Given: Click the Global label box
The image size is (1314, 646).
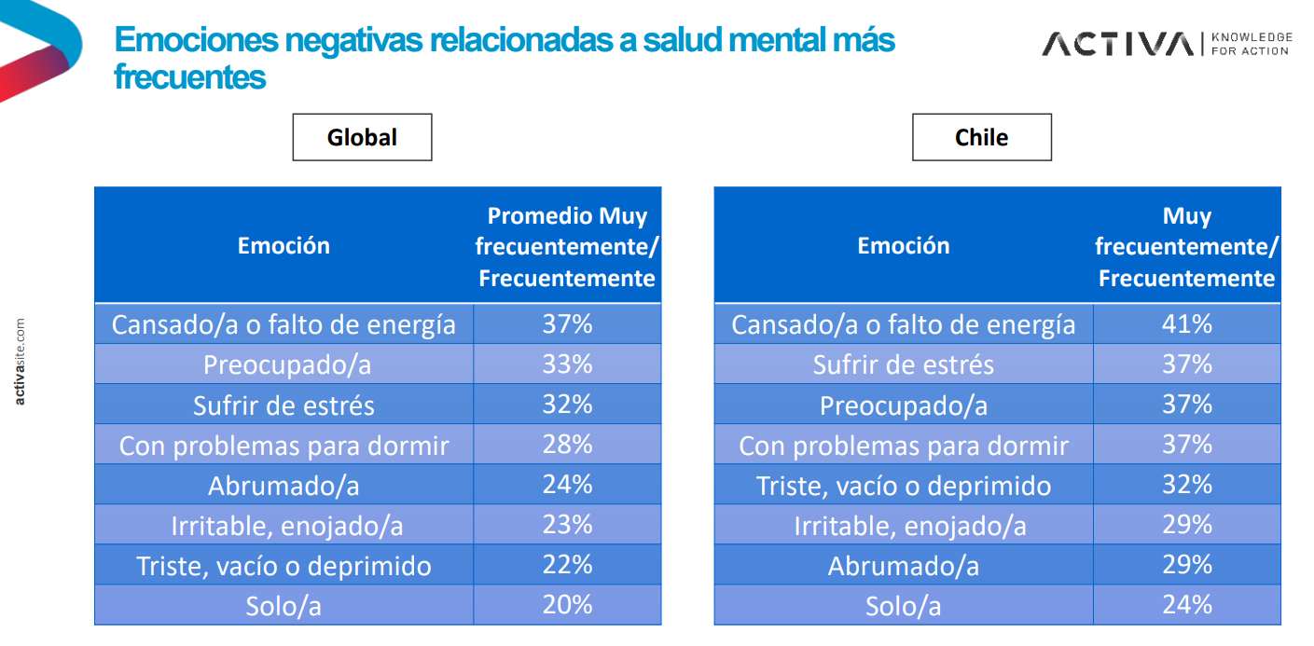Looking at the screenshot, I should (x=362, y=137).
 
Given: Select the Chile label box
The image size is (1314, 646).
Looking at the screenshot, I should (x=981, y=137).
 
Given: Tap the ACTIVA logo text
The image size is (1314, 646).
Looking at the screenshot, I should (x=1117, y=44).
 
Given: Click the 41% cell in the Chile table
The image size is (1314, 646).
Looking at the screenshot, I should (x=1186, y=323).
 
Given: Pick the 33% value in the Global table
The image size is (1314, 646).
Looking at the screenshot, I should (x=567, y=364).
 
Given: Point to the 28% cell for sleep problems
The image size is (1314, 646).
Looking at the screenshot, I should (x=567, y=445).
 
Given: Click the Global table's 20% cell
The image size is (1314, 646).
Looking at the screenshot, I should (x=567, y=605).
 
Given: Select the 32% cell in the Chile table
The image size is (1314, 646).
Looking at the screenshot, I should (x=1186, y=485).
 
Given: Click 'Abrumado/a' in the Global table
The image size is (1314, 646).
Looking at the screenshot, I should (x=284, y=486).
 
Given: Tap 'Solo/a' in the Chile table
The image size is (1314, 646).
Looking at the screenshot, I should (x=903, y=606).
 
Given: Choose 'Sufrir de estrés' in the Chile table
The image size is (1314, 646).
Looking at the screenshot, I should (x=903, y=364).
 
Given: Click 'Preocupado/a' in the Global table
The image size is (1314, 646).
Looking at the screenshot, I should (x=284, y=364).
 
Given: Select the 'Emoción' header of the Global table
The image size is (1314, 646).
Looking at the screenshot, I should (x=284, y=246).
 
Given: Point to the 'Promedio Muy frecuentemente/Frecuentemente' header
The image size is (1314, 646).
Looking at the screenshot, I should (x=567, y=247).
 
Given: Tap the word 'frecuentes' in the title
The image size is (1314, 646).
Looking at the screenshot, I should (x=190, y=77).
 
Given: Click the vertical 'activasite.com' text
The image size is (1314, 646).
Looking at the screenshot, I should (x=20, y=362).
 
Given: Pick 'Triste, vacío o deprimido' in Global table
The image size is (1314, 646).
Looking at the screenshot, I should (x=284, y=566).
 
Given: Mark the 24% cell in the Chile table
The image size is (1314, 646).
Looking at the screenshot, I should (x=1186, y=605).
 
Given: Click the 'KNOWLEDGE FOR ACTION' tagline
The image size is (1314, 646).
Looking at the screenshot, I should (x=1252, y=44).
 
